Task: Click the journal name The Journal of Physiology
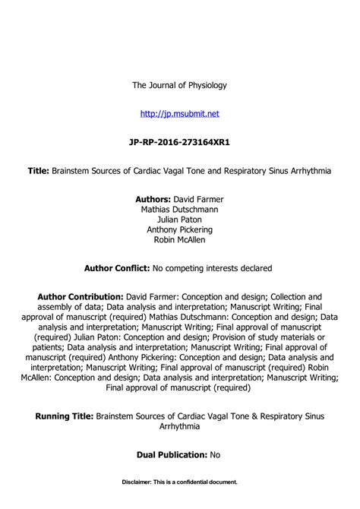(180, 85)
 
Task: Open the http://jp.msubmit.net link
(180, 113)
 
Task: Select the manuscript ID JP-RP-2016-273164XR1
(180, 142)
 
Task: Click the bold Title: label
(39, 171)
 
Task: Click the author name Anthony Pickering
(180, 229)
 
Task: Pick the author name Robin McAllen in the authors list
(180, 239)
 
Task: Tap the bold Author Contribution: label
(80, 296)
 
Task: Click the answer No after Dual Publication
(216, 454)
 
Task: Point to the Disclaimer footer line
(180, 482)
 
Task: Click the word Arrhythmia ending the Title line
(309, 171)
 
